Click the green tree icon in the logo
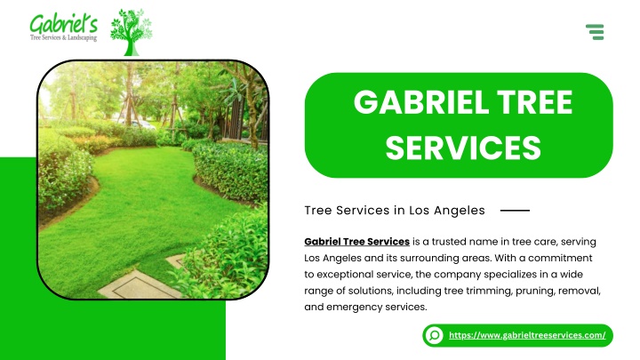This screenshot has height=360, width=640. click(x=131, y=32)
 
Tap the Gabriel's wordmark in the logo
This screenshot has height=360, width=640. click(x=64, y=24)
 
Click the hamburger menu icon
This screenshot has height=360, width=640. click(x=595, y=32)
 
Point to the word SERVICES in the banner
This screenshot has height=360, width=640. click(x=463, y=148)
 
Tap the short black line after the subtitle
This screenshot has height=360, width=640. click(x=515, y=210)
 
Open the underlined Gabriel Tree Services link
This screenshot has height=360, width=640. click(x=356, y=242)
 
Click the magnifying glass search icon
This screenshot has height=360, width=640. click(x=435, y=335)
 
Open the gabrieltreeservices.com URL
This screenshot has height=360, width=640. click(x=527, y=335)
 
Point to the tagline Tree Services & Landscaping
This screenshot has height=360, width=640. click(x=64, y=38)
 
